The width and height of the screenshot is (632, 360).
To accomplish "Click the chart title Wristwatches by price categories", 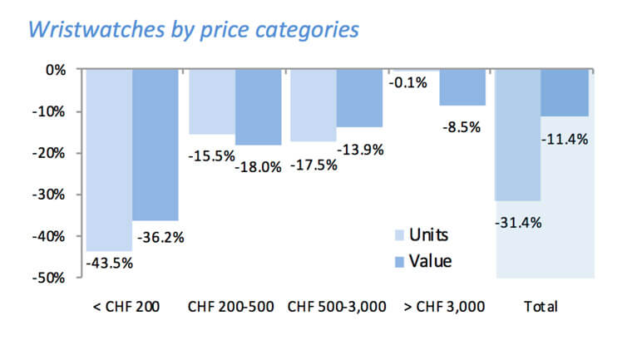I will point(194,29).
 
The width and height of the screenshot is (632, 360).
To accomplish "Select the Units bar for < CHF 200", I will point(109,158).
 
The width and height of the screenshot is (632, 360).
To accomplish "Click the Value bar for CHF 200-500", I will point(258,107).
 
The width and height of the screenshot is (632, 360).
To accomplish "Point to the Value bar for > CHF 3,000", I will point(462,87).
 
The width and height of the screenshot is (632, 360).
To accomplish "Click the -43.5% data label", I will point(109,264).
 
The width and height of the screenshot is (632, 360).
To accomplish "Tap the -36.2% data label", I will point(158,237).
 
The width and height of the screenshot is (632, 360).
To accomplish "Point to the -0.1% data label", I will point(407,82).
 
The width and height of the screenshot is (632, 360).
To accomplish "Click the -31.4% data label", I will point(516,222).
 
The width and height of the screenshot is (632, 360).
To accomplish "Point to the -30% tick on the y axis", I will point(50,195).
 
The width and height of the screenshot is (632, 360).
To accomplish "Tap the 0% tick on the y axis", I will point(55,70).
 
